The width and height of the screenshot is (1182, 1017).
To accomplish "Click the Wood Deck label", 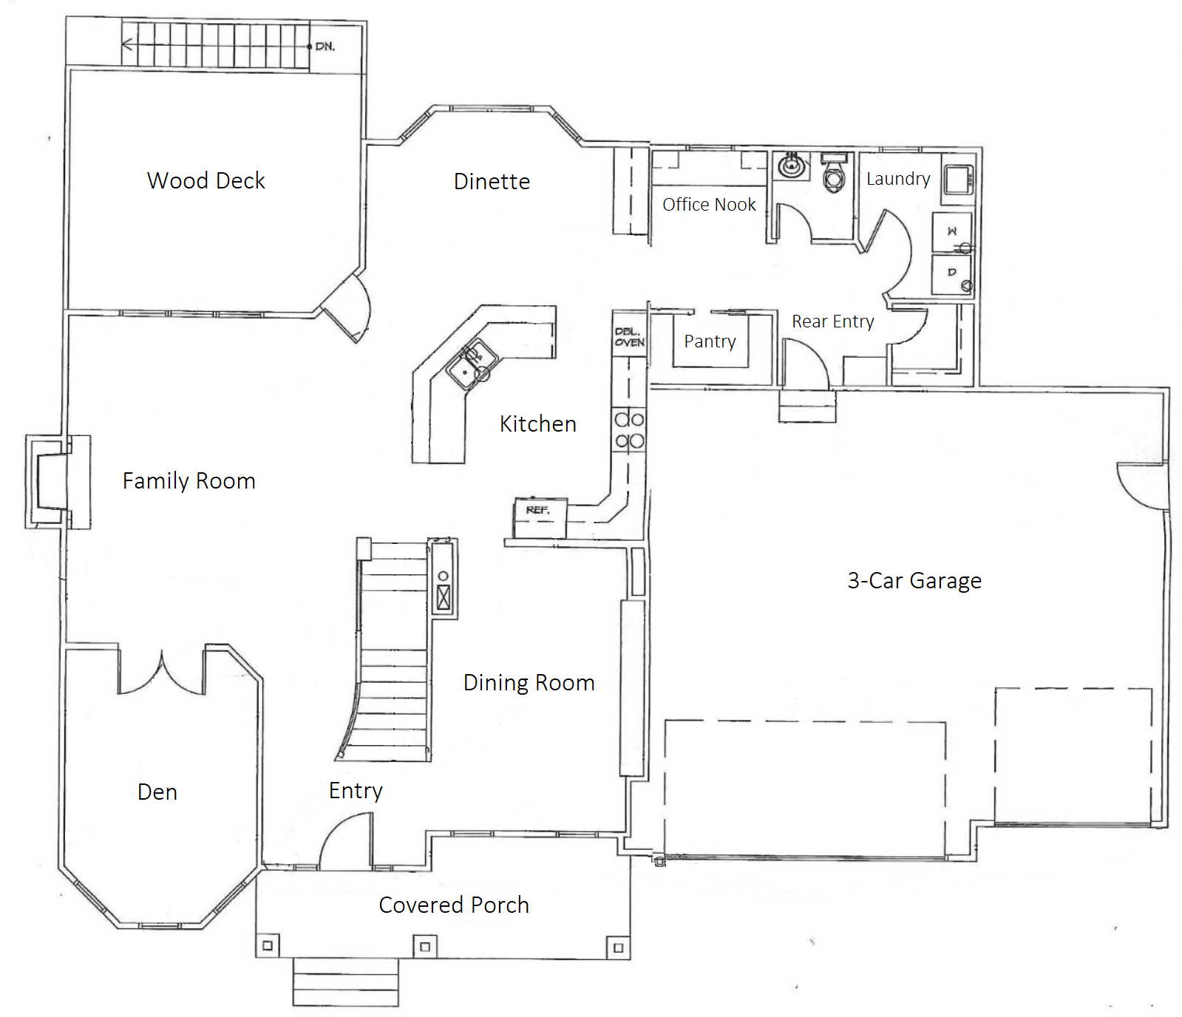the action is [x=206, y=180].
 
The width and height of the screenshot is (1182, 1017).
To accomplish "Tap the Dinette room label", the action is [x=492, y=181].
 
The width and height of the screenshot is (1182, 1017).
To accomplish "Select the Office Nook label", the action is [x=709, y=204].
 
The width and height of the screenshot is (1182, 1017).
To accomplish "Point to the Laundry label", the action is [x=898, y=179].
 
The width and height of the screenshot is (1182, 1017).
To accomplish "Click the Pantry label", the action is [x=710, y=341].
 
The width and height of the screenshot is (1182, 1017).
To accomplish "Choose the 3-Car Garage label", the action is [x=914, y=581].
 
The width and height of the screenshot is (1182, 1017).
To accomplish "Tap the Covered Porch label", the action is [x=454, y=905].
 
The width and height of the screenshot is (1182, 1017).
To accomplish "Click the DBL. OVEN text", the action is [x=629, y=337].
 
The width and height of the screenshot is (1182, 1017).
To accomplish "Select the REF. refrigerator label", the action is [x=537, y=510].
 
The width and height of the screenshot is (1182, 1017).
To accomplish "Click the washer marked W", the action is [x=952, y=231].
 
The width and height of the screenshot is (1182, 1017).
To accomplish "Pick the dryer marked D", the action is [x=952, y=273].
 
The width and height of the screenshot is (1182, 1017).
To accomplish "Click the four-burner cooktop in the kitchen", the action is [x=629, y=430].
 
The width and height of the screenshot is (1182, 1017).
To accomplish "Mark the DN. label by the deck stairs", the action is [x=325, y=46].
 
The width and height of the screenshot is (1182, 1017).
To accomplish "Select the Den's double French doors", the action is [x=162, y=673].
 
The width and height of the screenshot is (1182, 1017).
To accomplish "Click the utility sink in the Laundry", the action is [x=959, y=179].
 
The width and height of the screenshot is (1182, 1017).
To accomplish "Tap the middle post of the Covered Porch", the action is [x=424, y=946].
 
